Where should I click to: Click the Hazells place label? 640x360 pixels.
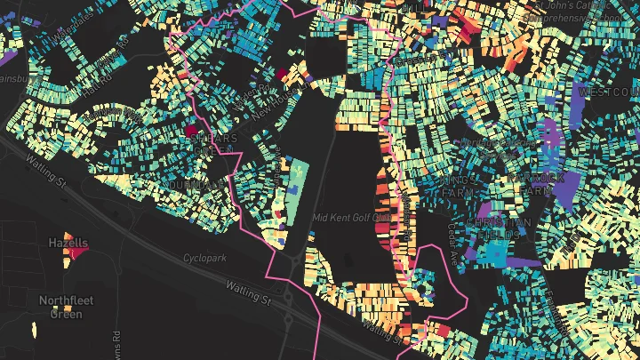click(x=68, y=242)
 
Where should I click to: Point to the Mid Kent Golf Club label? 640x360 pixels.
click(x=353, y=217)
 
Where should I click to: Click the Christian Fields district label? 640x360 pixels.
click(x=499, y=228)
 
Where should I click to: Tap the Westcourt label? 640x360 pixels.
click(x=609, y=92)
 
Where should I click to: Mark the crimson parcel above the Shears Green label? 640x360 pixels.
click(x=190, y=132)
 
